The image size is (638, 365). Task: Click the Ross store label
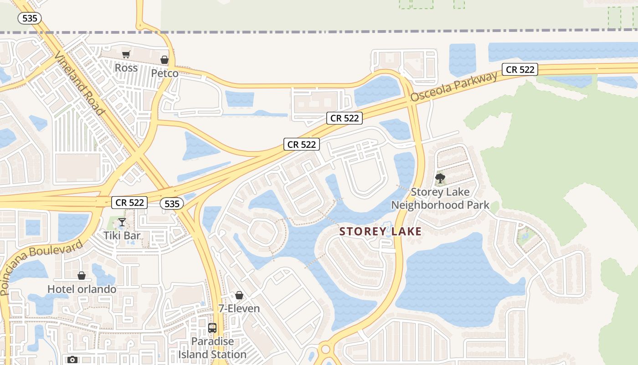click(126, 68)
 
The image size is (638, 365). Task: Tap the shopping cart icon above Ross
click(126, 55)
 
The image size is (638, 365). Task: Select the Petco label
click(165, 73)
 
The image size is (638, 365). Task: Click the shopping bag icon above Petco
click(165, 60)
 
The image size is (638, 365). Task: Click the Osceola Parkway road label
click(454, 87)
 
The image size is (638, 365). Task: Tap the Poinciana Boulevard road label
click(41, 267)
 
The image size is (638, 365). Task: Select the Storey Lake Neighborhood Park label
click(440, 198)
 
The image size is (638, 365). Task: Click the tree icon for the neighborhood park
click(440, 178)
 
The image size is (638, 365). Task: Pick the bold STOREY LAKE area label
click(381, 231)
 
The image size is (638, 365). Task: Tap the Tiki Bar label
click(122, 235)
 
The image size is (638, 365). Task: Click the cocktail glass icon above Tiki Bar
click(122, 222)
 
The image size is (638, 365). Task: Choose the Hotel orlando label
click(82, 289)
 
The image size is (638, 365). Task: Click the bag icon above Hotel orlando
click(82, 276)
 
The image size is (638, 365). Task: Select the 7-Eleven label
click(239, 308)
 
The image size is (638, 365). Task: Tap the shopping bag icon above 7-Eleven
click(239, 295)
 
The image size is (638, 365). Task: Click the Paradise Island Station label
click(212, 348)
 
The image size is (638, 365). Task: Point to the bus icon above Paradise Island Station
click(212, 328)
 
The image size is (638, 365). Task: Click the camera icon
click(72, 360)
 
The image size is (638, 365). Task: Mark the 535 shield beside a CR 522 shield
click(172, 203)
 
